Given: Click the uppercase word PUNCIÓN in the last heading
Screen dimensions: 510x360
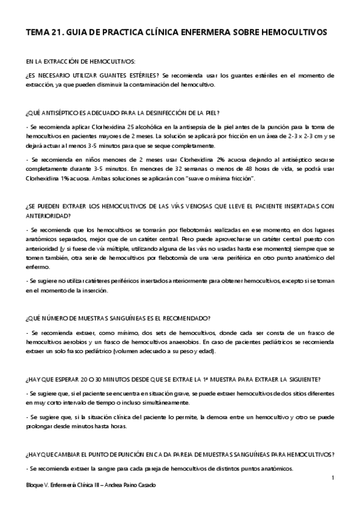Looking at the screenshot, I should tap(141, 454).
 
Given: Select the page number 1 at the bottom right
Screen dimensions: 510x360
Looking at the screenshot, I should tap(332, 478).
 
